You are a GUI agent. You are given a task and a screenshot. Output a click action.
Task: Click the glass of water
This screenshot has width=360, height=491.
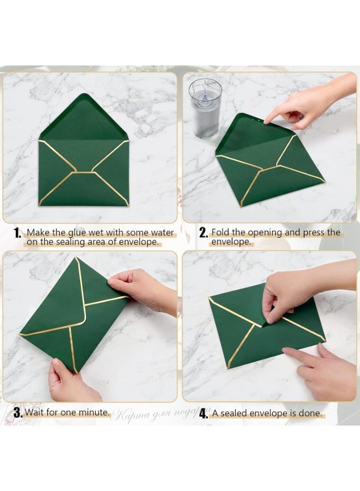click(205, 107)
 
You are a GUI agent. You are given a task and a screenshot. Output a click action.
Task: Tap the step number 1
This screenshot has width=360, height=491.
click(18, 233)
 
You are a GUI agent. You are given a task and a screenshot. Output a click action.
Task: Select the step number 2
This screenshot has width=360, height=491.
click(203, 233)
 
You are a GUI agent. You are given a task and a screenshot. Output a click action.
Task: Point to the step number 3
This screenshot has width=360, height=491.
click(18, 413)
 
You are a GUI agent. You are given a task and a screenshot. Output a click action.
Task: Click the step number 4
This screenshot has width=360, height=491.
click(203, 414)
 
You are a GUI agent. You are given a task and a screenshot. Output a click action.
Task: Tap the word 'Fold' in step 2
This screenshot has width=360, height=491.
click(221, 232)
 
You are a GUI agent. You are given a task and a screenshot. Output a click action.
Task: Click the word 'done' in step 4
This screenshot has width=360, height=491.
click(310, 413)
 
